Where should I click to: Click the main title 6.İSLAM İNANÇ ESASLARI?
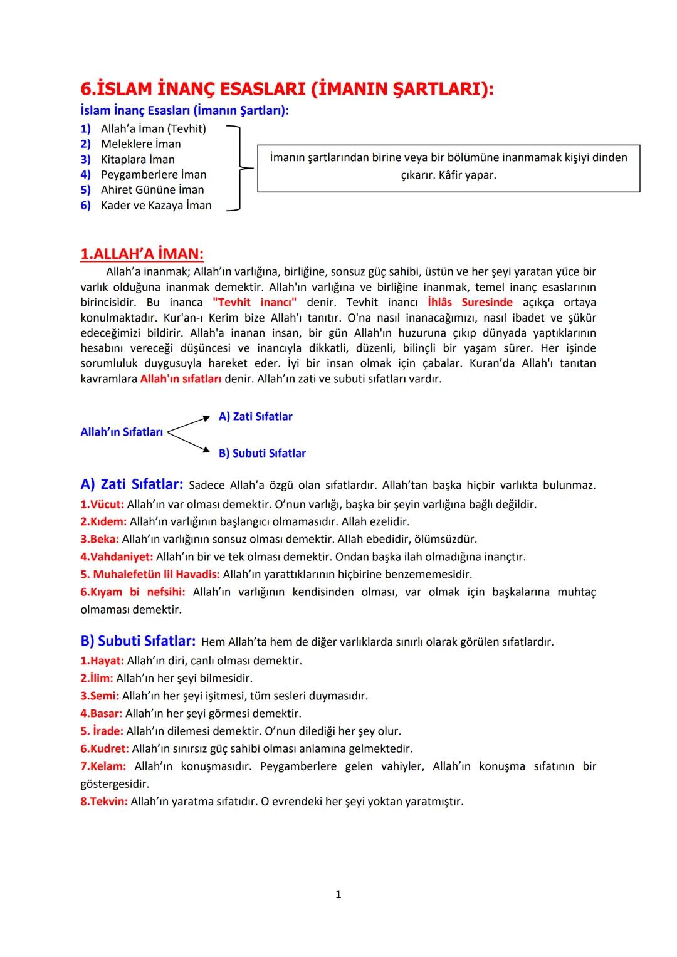286,89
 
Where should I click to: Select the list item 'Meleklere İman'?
140,144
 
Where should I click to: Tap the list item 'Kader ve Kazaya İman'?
156,205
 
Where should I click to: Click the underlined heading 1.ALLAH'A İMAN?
142,254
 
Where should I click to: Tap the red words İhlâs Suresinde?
474,302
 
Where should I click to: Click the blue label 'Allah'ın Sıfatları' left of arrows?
122,432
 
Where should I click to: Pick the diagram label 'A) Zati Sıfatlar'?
255,417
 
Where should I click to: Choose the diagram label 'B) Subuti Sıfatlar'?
262,453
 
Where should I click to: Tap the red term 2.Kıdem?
103,521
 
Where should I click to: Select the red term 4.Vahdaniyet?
117,557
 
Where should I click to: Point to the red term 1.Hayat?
102,661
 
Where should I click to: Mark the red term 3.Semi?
100,696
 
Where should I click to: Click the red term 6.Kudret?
105,748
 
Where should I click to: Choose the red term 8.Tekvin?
104,801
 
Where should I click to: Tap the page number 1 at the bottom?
338,894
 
